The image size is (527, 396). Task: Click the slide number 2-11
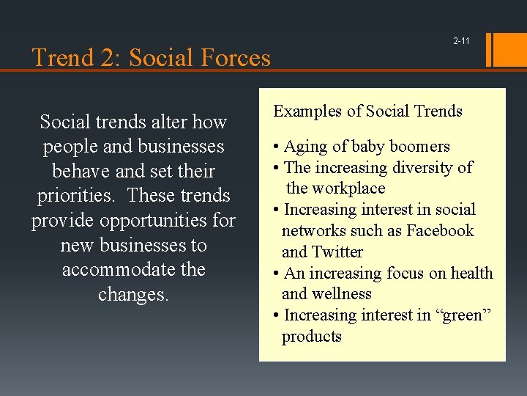461,41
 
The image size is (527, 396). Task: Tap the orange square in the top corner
511,49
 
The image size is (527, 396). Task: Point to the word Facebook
440,231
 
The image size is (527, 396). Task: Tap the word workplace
346,188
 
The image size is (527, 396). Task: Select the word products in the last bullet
312,337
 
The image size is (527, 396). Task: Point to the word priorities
80,196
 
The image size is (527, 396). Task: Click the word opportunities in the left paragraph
146,220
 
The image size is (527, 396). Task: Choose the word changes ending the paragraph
133,294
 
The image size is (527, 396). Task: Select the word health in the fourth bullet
471,274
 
